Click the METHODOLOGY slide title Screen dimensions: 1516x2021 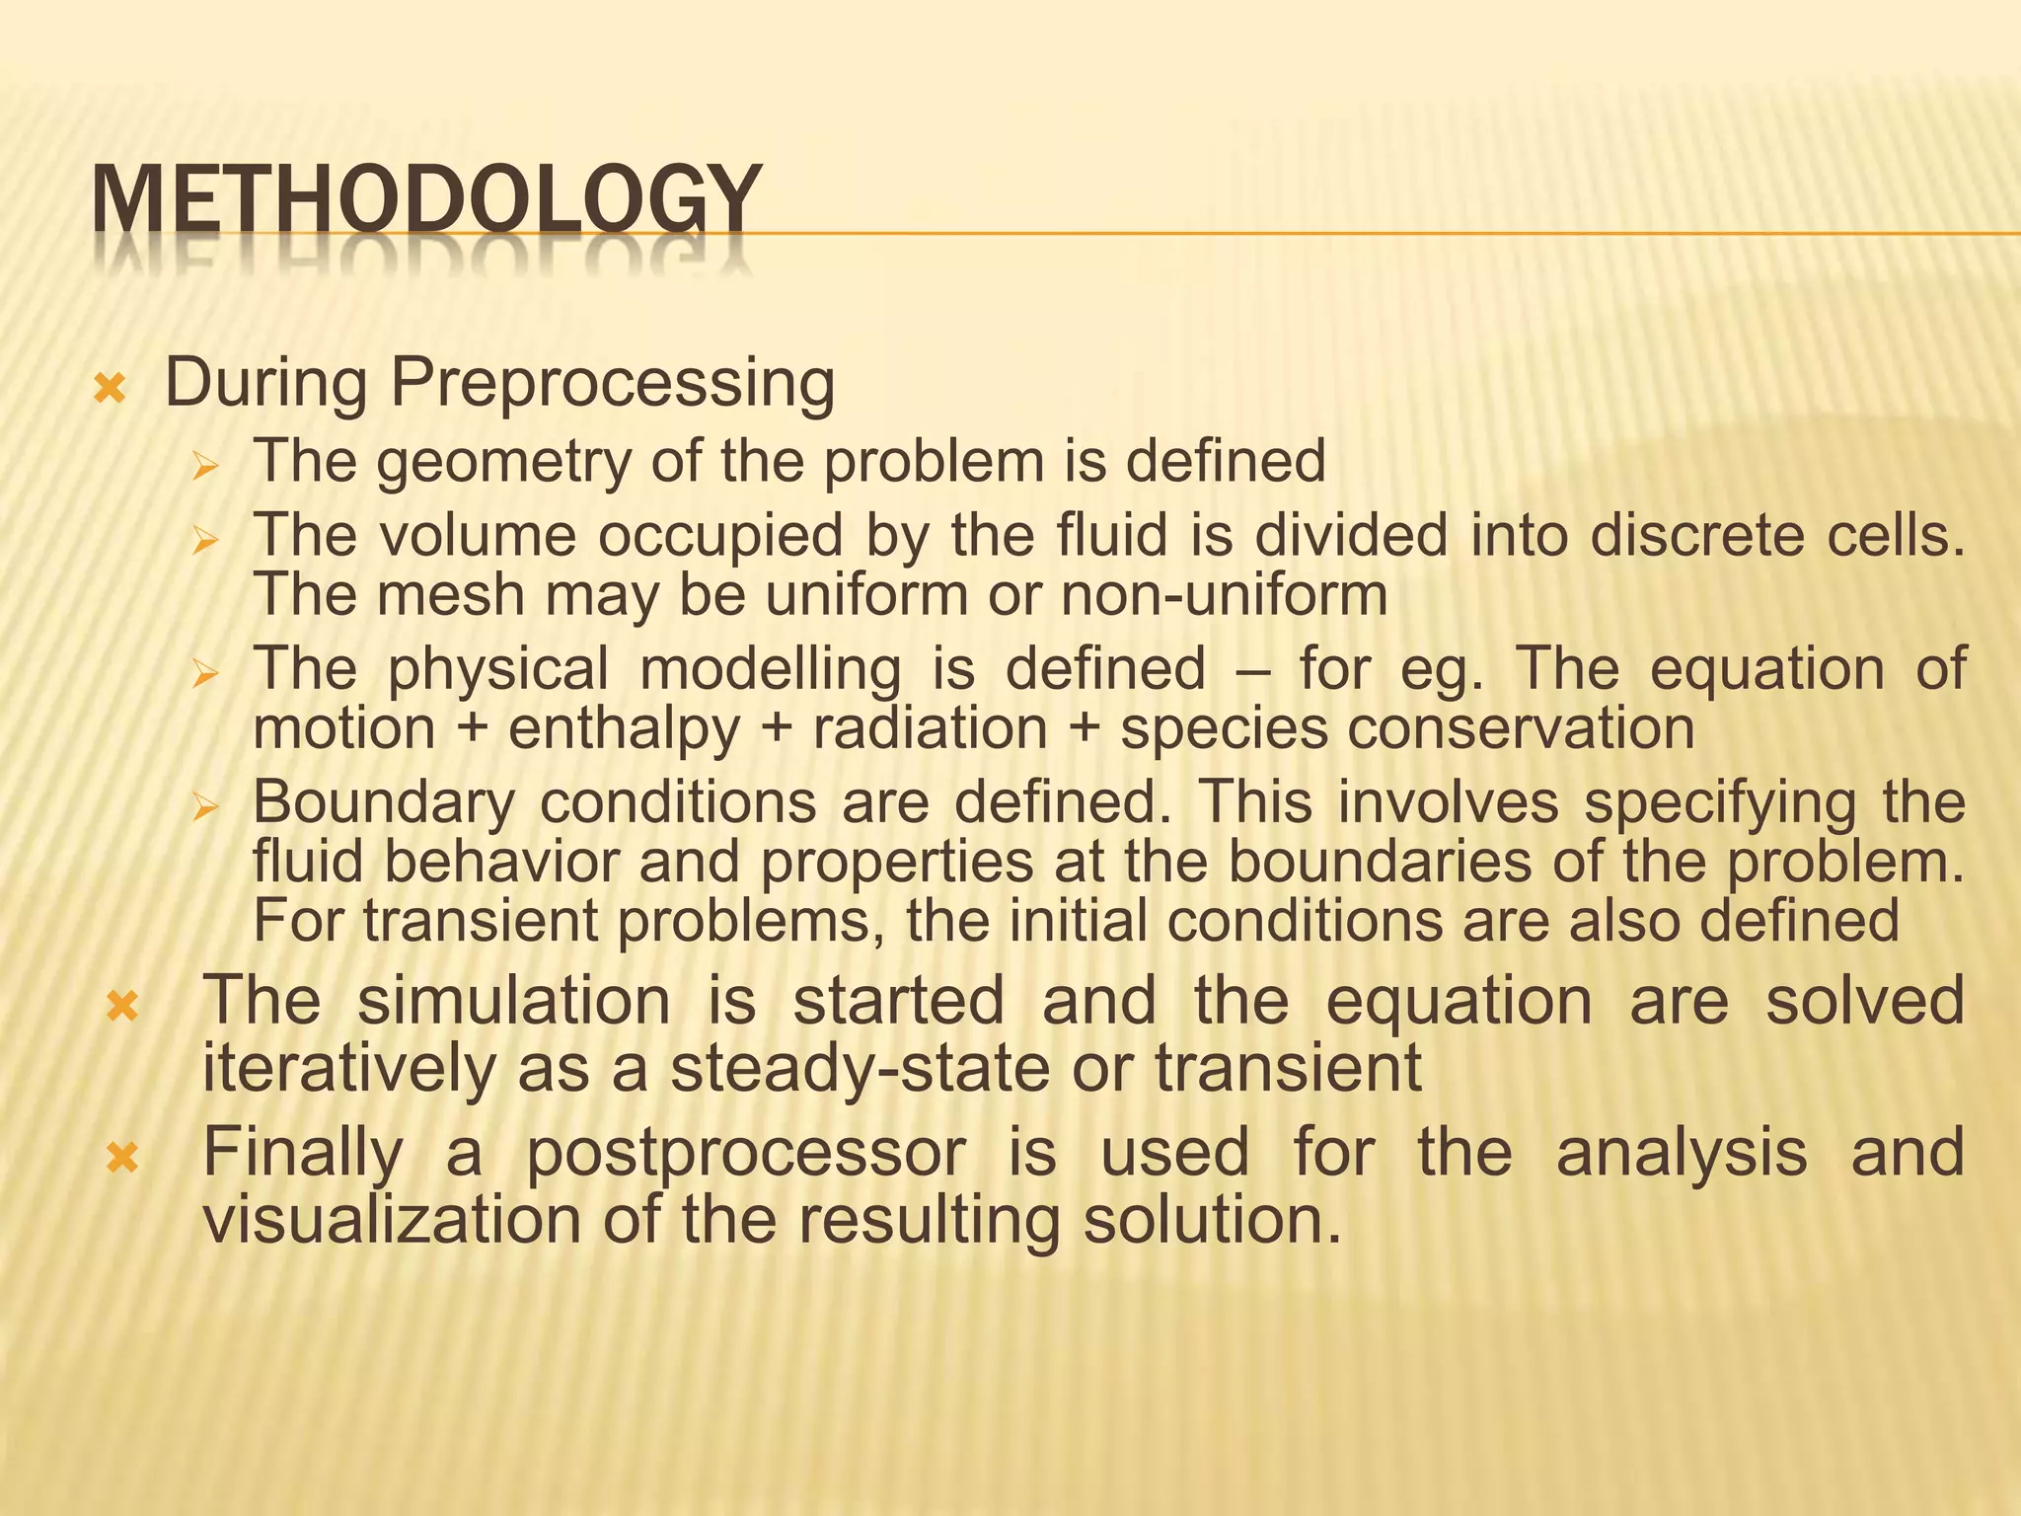pos(426,201)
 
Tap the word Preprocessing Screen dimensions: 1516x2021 pos(613,383)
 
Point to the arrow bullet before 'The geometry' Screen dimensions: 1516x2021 pos(204,465)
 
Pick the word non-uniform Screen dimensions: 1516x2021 pos(1224,595)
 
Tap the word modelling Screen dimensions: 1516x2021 pos(770,669)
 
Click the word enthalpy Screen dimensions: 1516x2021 pos(624,729)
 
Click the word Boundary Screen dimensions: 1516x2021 pos(384,802)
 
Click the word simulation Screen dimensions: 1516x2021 pos(513,1002)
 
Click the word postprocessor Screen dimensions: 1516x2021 pos(745,1154)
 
